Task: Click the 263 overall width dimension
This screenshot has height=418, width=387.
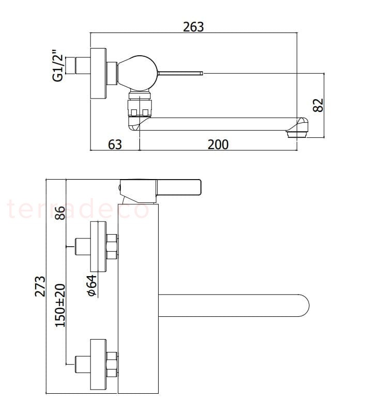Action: click(x=194, y=26)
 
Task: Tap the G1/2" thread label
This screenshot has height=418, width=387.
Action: click(x=57, y=66)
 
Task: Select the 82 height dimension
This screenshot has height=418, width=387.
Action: click(x=318, y=105)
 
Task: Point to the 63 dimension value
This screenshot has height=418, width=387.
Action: click(x=115, y=144)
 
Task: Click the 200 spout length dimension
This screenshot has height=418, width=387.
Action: click(x=218, y=144)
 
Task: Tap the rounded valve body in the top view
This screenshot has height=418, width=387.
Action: click(x=136, y=71)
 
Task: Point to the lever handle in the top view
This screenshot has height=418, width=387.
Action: click(x=180, y=73)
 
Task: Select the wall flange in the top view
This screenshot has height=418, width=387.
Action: click(x=99, y=73)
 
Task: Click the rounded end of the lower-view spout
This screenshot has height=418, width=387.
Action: click(x=302, y=305)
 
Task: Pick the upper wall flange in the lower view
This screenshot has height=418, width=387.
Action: click(x=99, y=247)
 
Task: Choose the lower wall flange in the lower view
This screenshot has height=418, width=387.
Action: click(x=99, y=364)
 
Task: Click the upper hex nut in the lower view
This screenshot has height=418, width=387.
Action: click(x=112, y=247)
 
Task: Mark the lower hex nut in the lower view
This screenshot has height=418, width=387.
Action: click(x=112, y=364)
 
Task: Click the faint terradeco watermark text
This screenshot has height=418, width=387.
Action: click(x=78, y=209)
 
